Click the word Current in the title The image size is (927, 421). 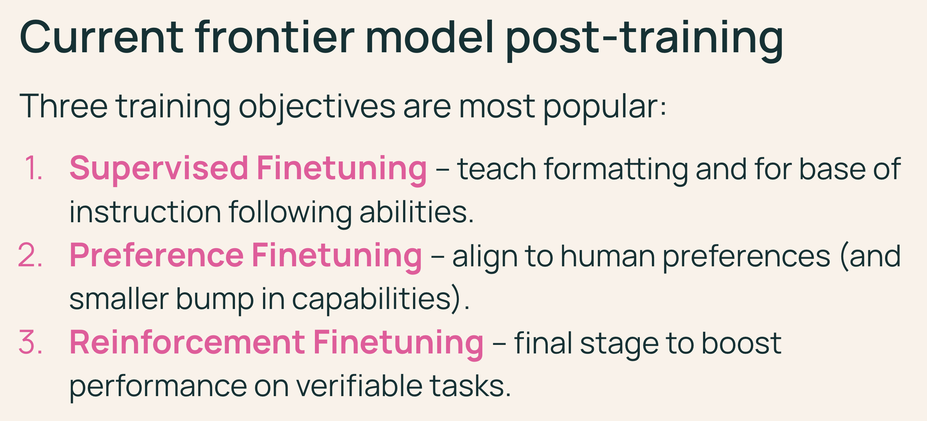pos(102,37)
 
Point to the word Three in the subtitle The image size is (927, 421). pos(64,106)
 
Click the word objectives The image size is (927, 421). pos(317,107)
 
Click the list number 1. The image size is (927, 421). pos(33,168)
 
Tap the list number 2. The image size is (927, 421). pos(30,255)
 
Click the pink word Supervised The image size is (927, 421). pos(159,168)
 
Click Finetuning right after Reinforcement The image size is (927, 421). pos(398,345)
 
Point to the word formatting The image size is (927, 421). pos(616,169)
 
